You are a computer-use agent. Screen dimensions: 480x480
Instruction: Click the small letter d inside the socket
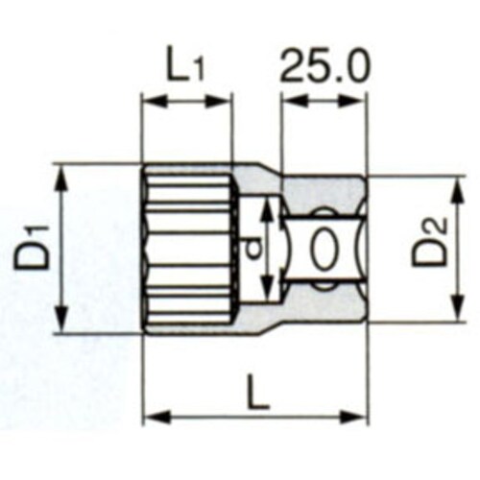pyautogui.click(x=251, y=248)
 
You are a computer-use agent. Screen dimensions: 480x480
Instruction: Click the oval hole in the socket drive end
pyautogui.click(x=324, y=250)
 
